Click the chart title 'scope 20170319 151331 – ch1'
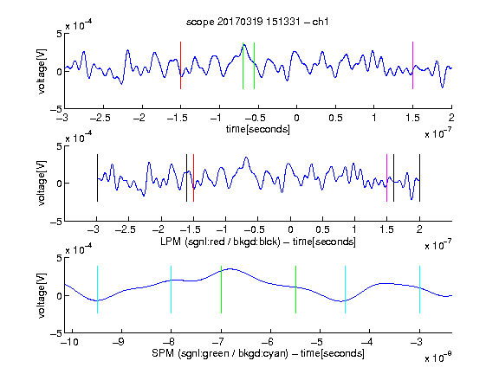click(257, 22)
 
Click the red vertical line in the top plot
click(180, 65)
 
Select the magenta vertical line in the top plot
click(412, 65)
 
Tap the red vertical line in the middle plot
click(193, 177)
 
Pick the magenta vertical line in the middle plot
click(386, 177)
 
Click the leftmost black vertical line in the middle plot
click(97, 177)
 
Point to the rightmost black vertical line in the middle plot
click(419, 177)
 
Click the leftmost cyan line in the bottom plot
click(97, 289)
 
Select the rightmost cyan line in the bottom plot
click(419, 289)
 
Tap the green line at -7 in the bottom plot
click(221, 289)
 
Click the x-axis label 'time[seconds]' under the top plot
click(258, 129)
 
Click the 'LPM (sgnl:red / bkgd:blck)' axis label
click(220, 242)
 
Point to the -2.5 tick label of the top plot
click(100, 118)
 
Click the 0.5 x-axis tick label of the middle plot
click(322, 229)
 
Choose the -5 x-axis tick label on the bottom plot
click(317, 342)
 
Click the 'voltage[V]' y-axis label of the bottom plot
click(42, 295)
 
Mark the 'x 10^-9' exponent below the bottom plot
click(437, 358)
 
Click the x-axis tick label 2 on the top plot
click(451, 118)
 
